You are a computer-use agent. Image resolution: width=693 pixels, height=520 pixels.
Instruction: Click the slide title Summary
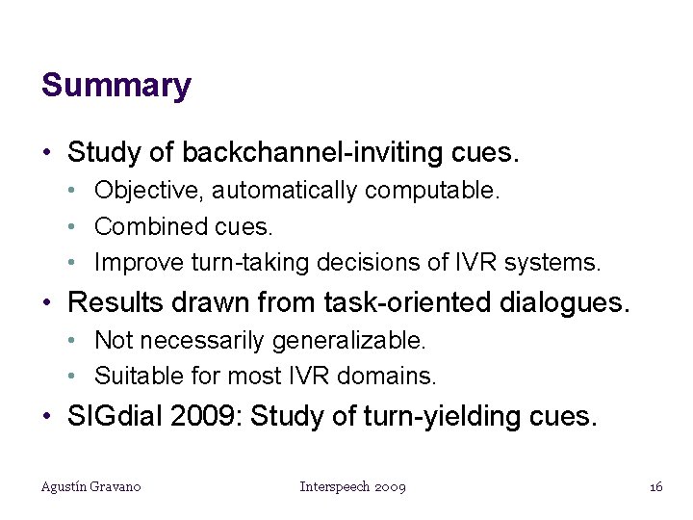tap(116, 86)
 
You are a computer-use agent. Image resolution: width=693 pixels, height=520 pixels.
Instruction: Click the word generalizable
tap(348, 340)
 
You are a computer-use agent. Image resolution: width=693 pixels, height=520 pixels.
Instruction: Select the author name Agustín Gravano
tap(90, 487)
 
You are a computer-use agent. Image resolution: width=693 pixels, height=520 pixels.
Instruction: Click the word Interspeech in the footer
tap(333, 487)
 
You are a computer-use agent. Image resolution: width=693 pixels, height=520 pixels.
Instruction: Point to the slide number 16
tap(655, 487)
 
